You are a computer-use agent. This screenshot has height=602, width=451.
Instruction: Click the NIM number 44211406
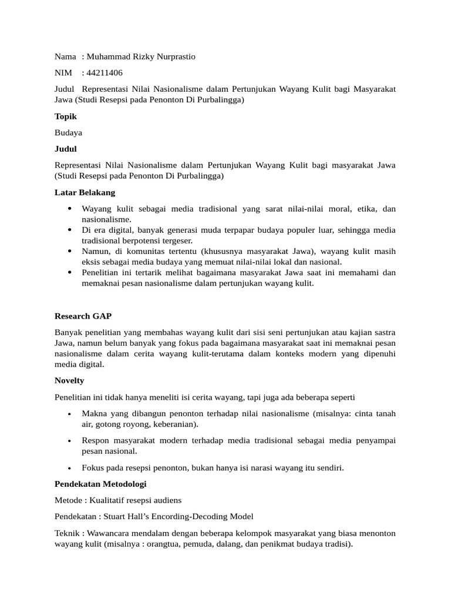(x=105, y=73)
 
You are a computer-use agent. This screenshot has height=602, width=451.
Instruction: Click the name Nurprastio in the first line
(x=171, y=57)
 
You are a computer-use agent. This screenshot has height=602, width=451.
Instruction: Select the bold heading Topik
(x=66, y=116)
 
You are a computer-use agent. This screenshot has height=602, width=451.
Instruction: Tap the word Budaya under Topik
(x=68, y=133)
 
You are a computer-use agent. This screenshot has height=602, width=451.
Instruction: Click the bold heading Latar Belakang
(x=85, y=192)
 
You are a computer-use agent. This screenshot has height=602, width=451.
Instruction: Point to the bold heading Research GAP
(x=83, y=316)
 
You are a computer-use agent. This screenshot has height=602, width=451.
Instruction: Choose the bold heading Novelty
(x=69, y=380)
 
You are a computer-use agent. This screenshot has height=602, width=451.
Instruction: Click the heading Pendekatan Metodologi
(x=100, y=484)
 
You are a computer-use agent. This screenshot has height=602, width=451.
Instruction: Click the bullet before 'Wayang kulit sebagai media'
(x=70, y=209)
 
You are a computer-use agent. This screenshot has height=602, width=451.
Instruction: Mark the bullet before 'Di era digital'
(x=70, y=230)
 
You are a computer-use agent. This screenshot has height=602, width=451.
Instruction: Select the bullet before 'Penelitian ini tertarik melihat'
(x=70, y=273)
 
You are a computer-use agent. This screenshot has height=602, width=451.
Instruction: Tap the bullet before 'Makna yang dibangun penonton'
(x=70, y=414)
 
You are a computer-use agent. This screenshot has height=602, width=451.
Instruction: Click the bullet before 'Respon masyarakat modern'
(x=70, y=440)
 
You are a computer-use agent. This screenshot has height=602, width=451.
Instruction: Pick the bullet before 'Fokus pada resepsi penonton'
(x=70, y=469)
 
